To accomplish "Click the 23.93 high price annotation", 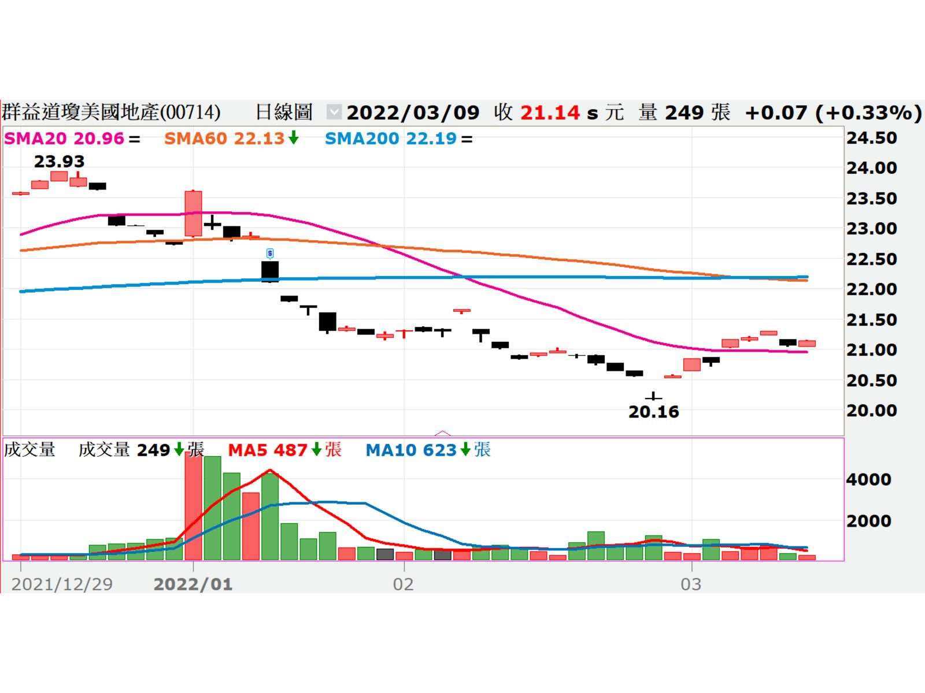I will pos(59,162).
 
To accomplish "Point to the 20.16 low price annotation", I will pos(653,412).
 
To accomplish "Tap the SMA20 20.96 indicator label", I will pos(64,139).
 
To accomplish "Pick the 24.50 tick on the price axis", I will pos(872,138).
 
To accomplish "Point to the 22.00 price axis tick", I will pos(872,289).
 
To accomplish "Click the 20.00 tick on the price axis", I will pos(872,411).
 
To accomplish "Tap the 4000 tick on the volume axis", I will pos(868,479).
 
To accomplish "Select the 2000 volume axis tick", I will pos(868,521).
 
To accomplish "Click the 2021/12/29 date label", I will pos(62,584).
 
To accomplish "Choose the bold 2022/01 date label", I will pos(193,584).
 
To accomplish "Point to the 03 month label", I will pos(691,584).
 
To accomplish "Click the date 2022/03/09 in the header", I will pos(413,112).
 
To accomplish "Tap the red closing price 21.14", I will pos(550,112).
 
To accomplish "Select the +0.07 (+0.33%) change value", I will pos(833,112).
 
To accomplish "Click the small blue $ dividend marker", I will pos(270,254).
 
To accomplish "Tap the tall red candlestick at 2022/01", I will pos(193,214).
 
